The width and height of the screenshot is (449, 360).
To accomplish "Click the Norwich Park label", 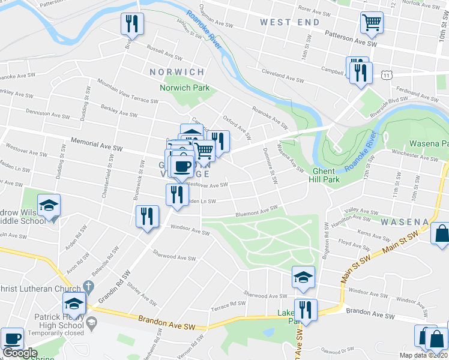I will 185,88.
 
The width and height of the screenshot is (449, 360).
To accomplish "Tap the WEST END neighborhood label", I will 290,22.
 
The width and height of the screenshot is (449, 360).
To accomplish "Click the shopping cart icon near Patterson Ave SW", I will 372,23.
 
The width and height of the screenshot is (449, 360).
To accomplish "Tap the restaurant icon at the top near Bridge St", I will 131,24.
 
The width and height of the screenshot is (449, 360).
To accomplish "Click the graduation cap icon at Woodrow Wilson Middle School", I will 49,206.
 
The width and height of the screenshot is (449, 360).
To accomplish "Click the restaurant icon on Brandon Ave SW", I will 306,310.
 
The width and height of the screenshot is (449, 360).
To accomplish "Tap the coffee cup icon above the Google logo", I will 12,339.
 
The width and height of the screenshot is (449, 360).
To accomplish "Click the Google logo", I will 20,353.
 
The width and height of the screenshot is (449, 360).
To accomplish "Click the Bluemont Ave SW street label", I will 256,211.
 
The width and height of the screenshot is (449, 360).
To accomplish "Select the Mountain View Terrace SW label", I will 127,91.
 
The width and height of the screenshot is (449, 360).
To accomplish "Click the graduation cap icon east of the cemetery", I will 303,278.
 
